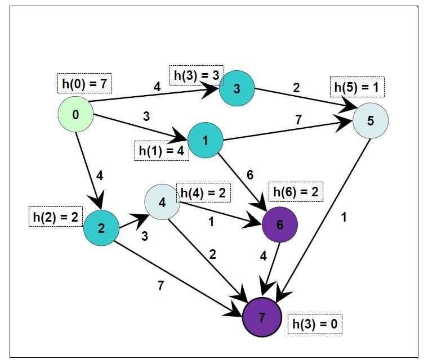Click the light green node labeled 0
(75, 115)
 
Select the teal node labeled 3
(237, 88)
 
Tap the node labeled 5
(371, 120)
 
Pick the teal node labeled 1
(205, 140)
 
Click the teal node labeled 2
(101, 228)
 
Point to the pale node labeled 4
(162, 202)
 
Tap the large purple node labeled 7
(262, 317)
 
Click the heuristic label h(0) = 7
(84, 84)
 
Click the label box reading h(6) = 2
(296, 192)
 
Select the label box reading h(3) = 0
(315, 324)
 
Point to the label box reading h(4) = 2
(203, 193)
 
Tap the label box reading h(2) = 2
(55, 217)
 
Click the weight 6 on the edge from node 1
(250, 175)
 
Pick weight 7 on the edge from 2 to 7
(161, 286)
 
